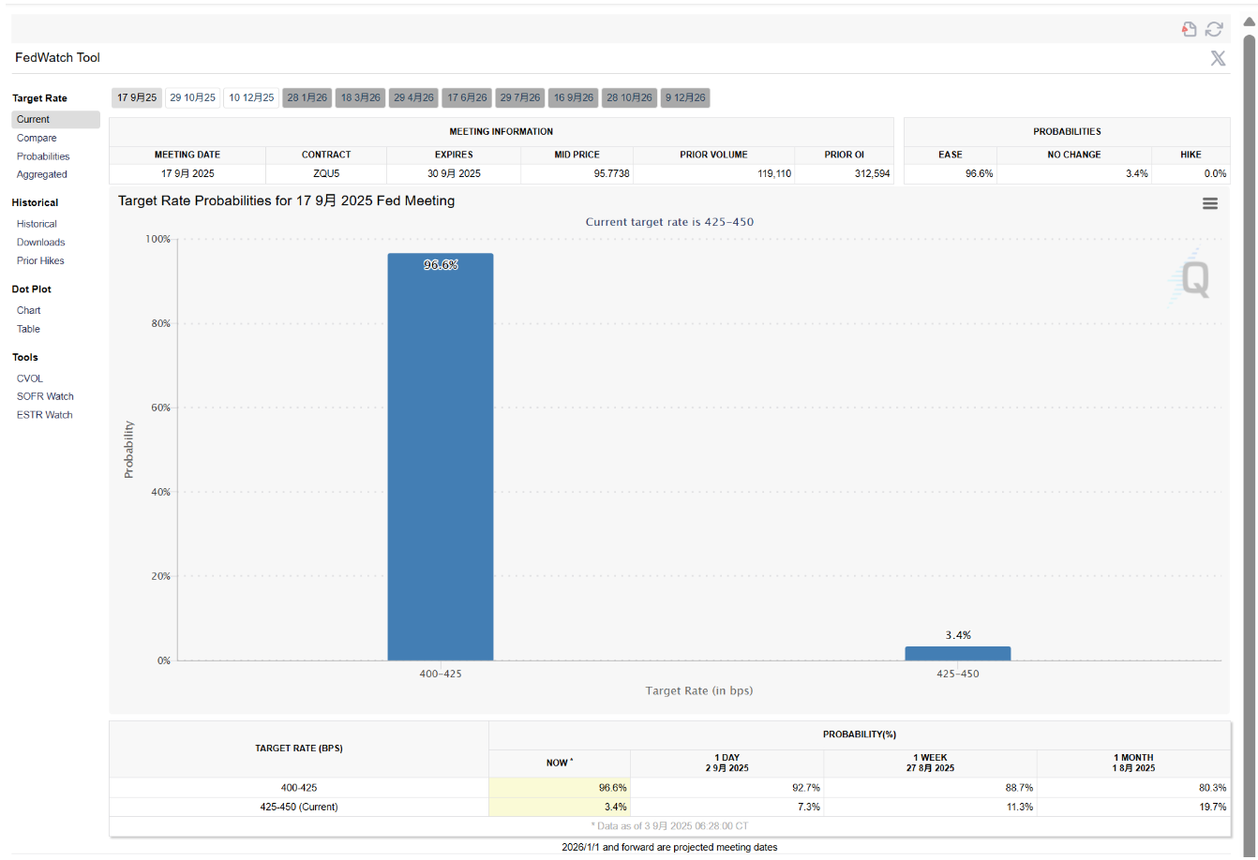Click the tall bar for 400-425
tap(441, 456)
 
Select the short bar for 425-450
tap(957, 653)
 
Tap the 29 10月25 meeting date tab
tap(192, 97)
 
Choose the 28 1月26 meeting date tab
tap(307, 97)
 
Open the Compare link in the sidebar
tap(37, 138)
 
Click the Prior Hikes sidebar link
tap(40, 260)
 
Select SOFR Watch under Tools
tap(45, 396)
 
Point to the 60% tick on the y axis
tap(161, 408)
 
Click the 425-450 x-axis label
tap(957, 674)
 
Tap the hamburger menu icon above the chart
tap(1210, 203)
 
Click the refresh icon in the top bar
tap(1214, 29)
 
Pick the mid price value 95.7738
tap(611, 173)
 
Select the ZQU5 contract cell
tap(326, 173)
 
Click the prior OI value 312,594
tap(872, 173)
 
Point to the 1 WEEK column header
tap(930, 763)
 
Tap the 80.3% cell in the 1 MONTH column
tap(1212, 788)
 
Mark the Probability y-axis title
tap(128, 450)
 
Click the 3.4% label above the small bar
tap(957, 635)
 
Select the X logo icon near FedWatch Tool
tap(1218, 58)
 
